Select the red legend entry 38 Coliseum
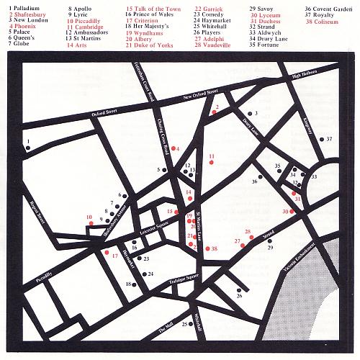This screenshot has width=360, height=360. point(323,22)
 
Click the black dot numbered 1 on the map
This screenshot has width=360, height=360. point(27,148)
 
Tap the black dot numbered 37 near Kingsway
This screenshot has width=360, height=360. point(320,138)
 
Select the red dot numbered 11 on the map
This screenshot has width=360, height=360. point(211,163)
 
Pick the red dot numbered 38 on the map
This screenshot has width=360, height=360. point(206,248)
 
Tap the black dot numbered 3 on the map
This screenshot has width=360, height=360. point(247,114)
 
